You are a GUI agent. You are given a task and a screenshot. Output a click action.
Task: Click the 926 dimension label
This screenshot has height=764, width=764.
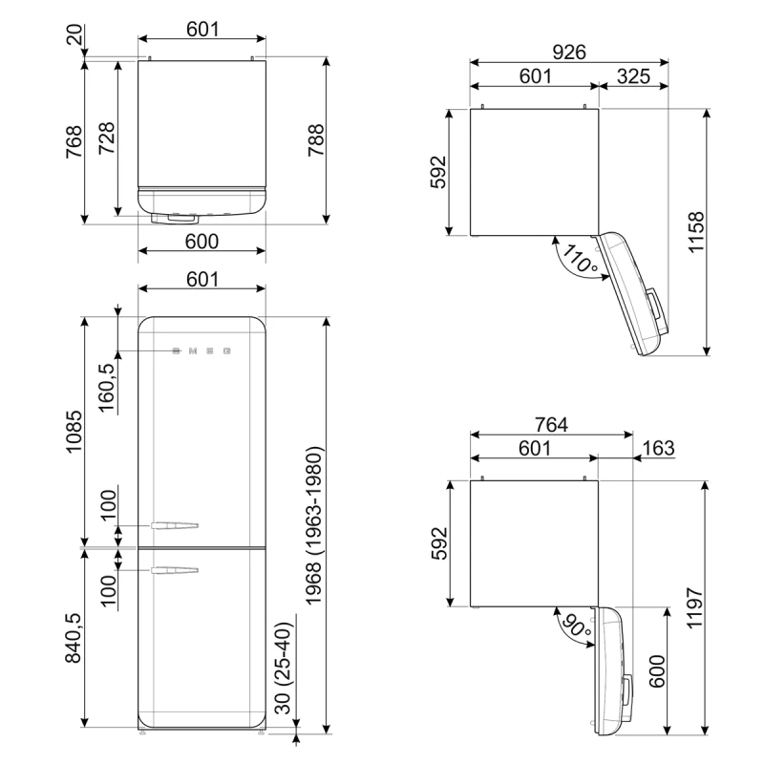pyautogui.click(x=568, y=52)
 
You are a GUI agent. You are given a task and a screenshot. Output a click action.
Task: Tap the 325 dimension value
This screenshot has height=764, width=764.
pyautogui.click(x=633, y=76)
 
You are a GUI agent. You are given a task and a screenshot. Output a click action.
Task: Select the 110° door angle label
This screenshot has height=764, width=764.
pyautogui.click(x=580, y=259)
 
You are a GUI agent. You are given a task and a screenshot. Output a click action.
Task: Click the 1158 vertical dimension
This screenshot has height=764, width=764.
pyautogui.click(x=696, y=232)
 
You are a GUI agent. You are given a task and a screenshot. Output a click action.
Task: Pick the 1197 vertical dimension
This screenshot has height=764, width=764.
pyautogui.click(x=695, y=608)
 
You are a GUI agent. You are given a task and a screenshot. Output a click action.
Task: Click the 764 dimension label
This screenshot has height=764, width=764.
pyautogui.click(x=552, y=424)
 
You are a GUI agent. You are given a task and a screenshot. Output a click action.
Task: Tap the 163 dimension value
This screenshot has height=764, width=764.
pyautogui.click(x=658, y=448)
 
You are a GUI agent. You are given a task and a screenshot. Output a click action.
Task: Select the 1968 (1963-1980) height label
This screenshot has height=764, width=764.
pyautogui.click(x=313, y=526)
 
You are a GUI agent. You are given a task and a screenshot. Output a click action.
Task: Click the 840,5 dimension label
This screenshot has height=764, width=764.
pyautogui.click(x=74, y=638)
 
